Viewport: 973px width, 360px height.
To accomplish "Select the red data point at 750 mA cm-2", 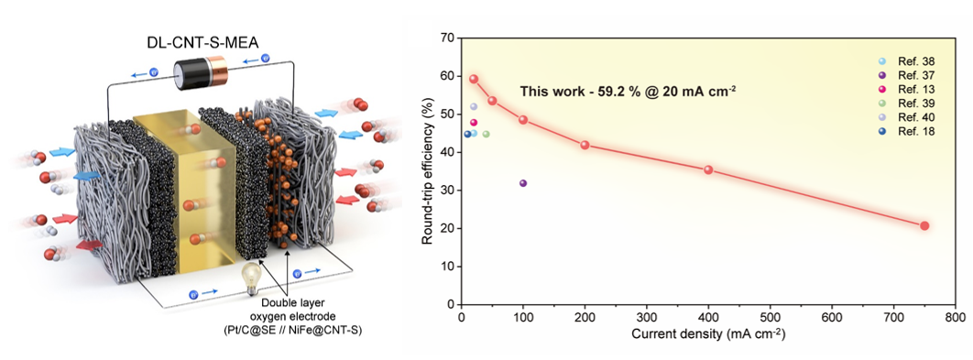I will pos(924,225).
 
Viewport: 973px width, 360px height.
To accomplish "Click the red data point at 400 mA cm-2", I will pos(708,169).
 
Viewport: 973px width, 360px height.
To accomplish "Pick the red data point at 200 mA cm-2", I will pos(585,145).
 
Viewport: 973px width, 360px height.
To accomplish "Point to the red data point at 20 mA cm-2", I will pos(474,79).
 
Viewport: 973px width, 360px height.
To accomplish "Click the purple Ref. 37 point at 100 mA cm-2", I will pos(523,183).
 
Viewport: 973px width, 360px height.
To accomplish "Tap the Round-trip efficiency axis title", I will pos(427,171).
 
